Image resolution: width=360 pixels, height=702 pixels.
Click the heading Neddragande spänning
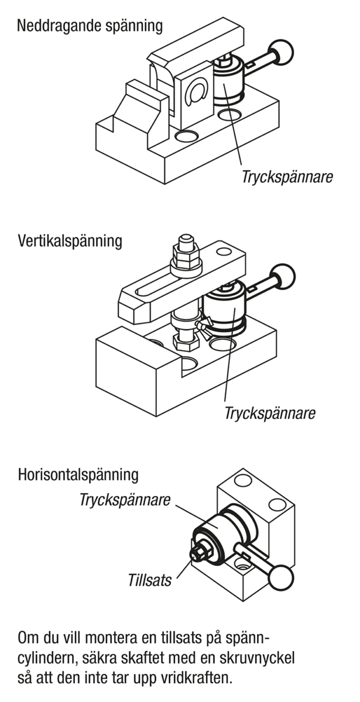click(x=90, y=27)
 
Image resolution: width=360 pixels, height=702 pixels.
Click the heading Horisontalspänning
click(x=78, y=474)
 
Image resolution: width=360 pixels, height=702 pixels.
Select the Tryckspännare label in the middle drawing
click(x=270, y=413)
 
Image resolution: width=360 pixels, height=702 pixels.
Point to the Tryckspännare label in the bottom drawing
click(x=125, y=501)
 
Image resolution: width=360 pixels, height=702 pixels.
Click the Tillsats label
click(x=150, y=580)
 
